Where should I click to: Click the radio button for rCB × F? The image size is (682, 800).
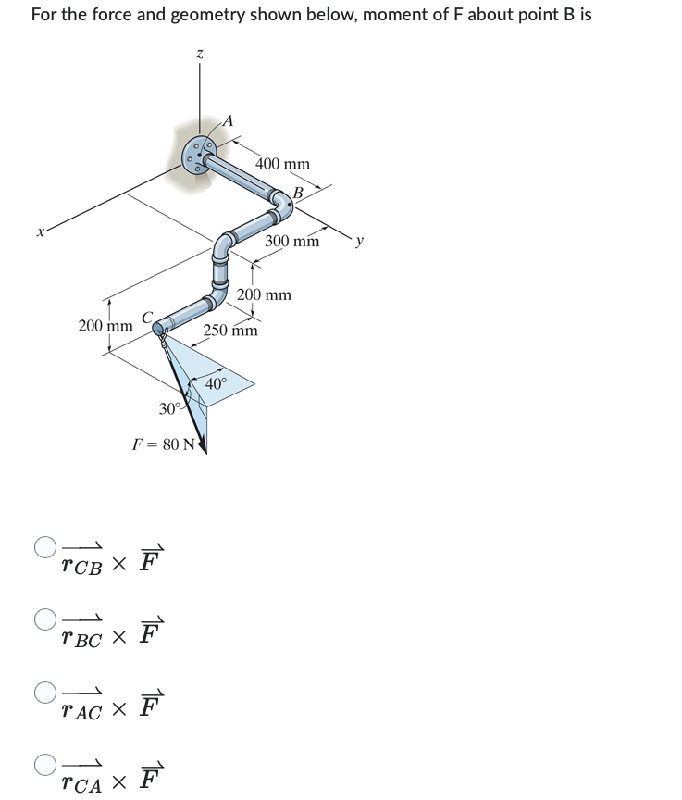tap(44, 546)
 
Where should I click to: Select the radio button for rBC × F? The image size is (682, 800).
tap(44, 618)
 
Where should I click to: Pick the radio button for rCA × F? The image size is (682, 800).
tap(44, 765)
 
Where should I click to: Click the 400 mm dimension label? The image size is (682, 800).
tap(282, 164)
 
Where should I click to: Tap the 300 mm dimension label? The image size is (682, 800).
tap(291, 242)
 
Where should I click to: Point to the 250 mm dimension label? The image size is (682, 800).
tap(230, 331)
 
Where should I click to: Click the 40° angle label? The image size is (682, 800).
tap(216, 383)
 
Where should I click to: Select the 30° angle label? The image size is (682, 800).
tap(169, 408)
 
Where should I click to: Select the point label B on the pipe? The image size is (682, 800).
tap(298, 193)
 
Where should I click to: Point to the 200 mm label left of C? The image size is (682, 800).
tap(105, 325)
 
